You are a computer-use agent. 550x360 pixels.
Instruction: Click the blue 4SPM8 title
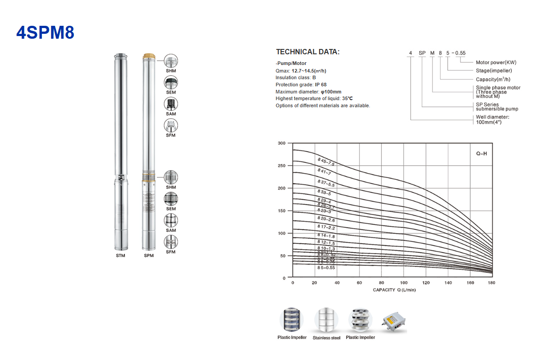click(x=45, y=32)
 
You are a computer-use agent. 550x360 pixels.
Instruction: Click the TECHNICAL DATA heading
click(x=307, y=52)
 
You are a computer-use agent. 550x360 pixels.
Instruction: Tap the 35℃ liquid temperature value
click(x=347, y=98)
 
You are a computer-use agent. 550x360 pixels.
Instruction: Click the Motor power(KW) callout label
click(x=496, y=63)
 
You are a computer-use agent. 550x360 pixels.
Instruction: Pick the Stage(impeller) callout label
click(x=493, y=71)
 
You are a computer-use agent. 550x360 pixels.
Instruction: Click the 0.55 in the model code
click(x=460, y=53)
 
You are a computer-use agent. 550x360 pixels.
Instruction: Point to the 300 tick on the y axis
click(x=281, y=143)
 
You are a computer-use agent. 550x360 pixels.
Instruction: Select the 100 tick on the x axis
click(x=404, y=283)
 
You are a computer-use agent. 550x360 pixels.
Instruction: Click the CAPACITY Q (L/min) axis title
click(x=394, y=290)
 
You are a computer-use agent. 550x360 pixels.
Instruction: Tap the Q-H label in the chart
click(x=481, y=154)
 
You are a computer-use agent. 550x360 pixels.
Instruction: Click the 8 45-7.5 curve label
click(x=326, y=162)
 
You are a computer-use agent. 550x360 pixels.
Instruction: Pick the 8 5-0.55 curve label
click(x=326, y=268)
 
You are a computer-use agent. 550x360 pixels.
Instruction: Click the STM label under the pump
click(x=120, y=256)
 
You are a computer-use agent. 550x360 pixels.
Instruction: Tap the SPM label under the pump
click(x=149, y=256)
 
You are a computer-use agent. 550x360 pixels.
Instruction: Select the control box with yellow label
click(x=394, y=322)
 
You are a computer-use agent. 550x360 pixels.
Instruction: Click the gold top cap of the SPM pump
click(x=149, y=57)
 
